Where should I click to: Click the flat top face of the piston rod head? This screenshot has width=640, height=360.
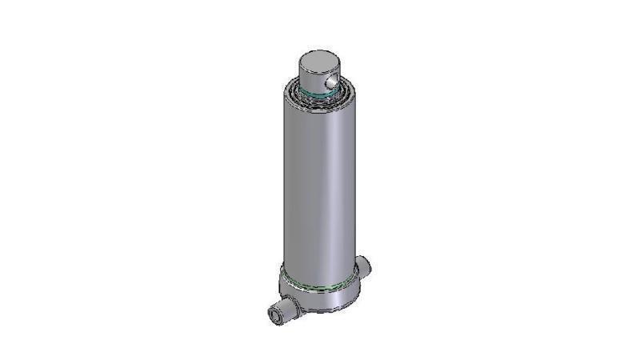[318, 59]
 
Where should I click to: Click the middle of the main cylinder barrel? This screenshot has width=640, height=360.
[318, 184]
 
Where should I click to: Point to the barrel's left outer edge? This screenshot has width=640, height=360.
[283, 184]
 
